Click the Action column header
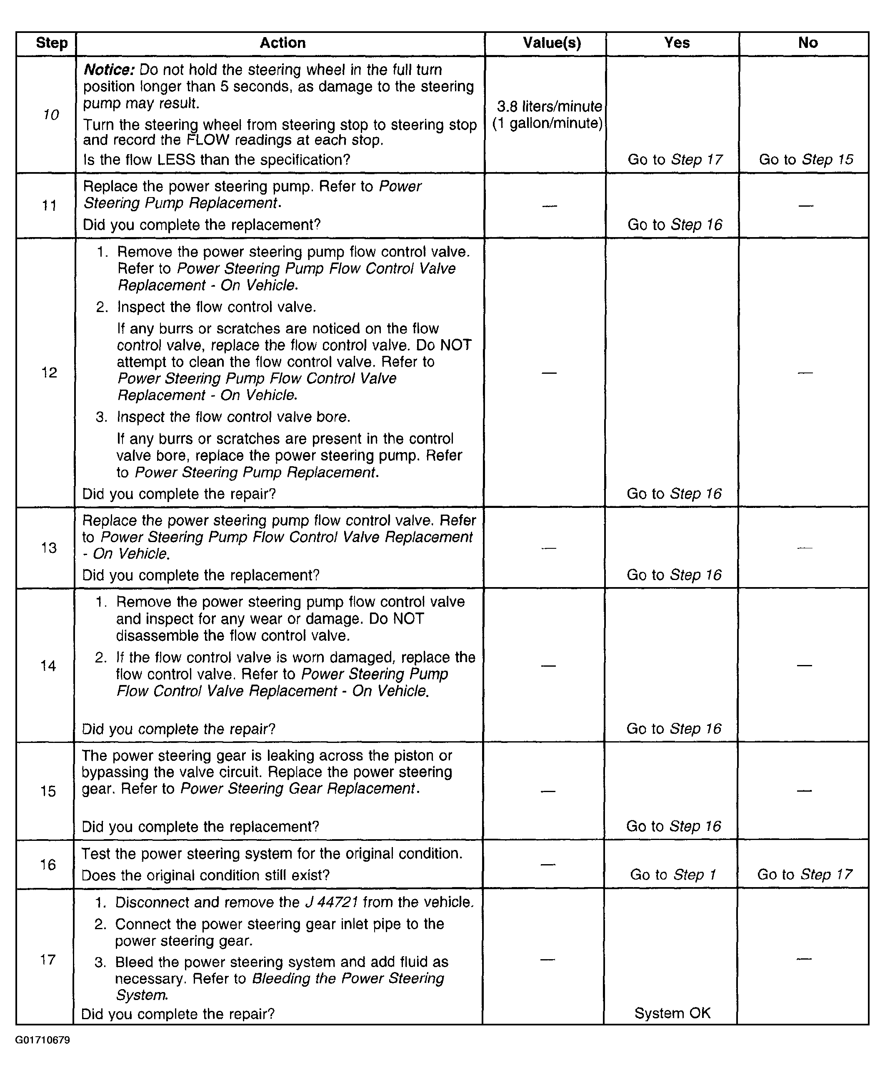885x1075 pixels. (282, 43)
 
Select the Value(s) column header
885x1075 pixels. (552, 43)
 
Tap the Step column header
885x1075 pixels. (52, 43)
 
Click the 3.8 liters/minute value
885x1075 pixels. (549, 107)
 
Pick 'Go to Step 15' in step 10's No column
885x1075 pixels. (805, 160)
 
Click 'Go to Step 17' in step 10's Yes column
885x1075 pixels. (675, 160)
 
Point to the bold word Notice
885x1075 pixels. (109, 70)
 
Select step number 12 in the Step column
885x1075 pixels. (49, 372)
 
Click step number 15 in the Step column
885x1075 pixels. (48, 791)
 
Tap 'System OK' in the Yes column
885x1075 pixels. (672, 1013)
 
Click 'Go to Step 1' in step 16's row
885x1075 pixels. (673, 875)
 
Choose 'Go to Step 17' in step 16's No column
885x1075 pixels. (805, 875)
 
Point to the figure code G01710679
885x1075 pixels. (42, 1040)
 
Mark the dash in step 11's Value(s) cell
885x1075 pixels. (549, 205)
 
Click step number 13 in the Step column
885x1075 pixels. (49, 547)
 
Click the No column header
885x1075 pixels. (807, 43)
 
